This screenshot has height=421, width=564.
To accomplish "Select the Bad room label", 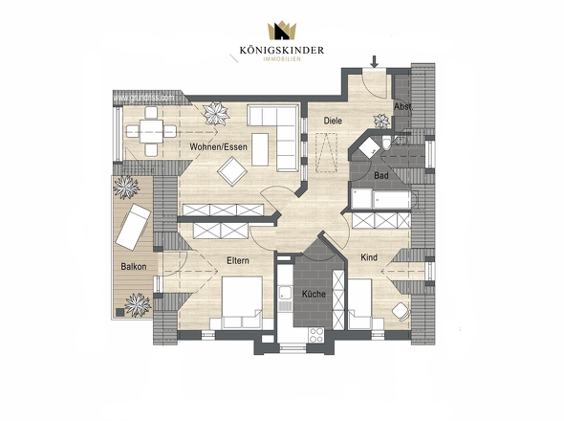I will coord(380,176).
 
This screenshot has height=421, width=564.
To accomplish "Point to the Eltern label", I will coord(238,260).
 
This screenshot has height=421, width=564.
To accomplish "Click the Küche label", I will coord(315,294).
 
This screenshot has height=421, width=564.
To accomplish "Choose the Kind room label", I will coord(369,257).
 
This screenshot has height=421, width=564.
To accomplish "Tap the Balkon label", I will coord(133,267).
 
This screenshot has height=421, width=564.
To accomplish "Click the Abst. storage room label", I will coord(402,106).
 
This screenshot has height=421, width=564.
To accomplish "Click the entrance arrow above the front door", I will coord(374,62).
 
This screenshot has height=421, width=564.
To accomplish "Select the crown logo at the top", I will coord(281,31).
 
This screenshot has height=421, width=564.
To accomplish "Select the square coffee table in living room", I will coord(233,171).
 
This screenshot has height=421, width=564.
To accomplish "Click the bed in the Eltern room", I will coord(243,301).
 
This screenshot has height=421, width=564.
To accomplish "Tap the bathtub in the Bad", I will coord(381,198).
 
